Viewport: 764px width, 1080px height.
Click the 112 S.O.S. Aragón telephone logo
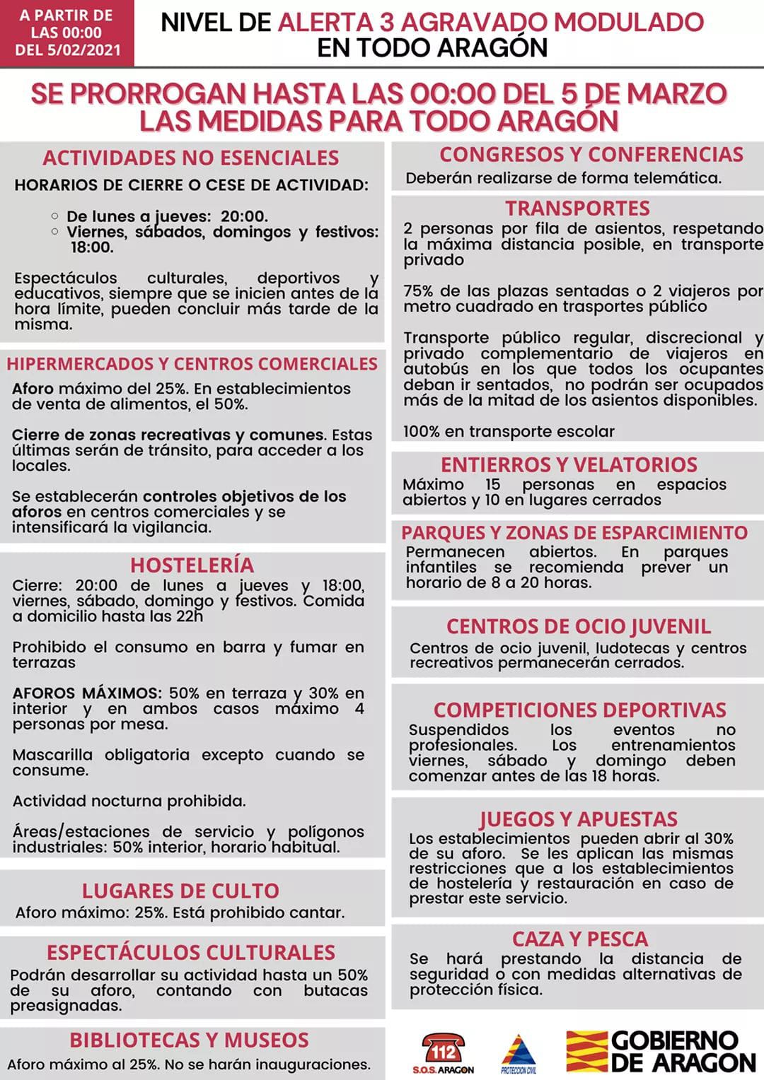(x=443, y=1051)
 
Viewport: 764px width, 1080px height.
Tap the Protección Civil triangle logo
(x=518, y=1052)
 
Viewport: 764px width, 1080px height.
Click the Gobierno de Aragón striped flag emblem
(x=586, y=1051)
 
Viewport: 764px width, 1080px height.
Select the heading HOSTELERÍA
(x=192, y=565)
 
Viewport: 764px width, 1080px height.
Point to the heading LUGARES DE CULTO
(x=180, y=891)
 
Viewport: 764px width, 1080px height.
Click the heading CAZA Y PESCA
(x=580, y=939)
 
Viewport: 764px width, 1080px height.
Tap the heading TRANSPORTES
(x=577, y=209)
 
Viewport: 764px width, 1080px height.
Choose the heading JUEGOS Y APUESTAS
(x=578, y=819)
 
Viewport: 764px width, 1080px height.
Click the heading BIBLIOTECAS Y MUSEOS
(x=189, y=1040)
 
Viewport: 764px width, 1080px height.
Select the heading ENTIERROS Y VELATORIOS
(x=569, y=464)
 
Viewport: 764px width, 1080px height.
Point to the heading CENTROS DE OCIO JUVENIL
(x=578, y=626)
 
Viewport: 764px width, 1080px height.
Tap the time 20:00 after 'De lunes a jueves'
(x=244, y=216)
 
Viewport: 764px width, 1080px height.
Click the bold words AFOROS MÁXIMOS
(x=87, y=693)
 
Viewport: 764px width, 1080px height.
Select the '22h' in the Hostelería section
(x=190, y=616)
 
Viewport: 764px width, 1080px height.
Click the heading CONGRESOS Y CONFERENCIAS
(x=591, y=154)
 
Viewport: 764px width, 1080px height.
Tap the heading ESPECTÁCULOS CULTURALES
(x=191, y=952)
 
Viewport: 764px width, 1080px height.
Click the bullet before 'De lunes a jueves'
(x=55, y=216)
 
